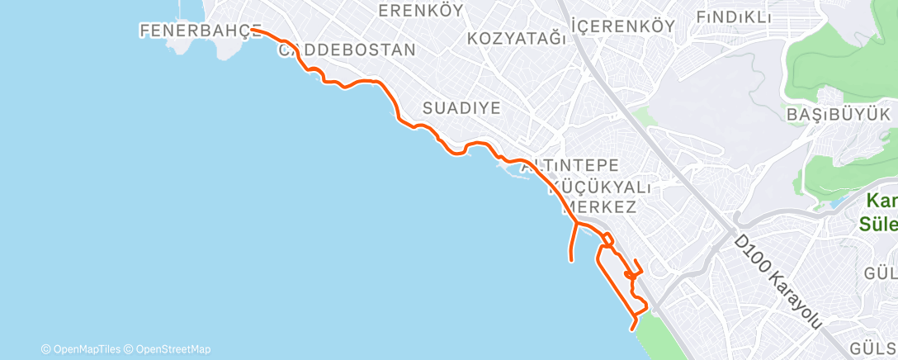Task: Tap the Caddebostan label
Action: (x=347, y=50)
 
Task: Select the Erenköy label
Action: (x=416, y=11)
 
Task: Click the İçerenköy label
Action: (x=623, y=26)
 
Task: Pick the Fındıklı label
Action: (x=733, y=17)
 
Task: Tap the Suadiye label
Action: (x=461, y=108)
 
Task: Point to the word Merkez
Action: (x=599, y=206)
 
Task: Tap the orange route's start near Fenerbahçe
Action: (x=253, y=29)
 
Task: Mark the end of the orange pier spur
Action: (x=571, y=261)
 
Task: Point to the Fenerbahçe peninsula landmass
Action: (x=227, y=45)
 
